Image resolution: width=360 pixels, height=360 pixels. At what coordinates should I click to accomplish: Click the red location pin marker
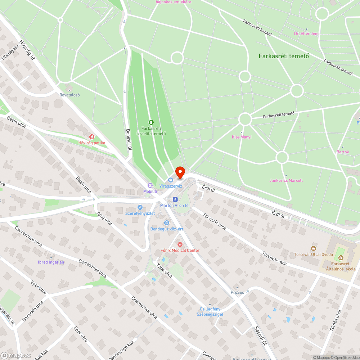[180, 172]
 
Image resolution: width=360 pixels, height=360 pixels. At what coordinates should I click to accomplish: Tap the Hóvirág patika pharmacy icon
[92, 137]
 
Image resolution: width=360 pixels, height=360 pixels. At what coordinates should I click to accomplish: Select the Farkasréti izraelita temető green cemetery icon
[150, 122]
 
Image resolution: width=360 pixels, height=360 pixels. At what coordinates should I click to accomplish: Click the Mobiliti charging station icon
[150, 185]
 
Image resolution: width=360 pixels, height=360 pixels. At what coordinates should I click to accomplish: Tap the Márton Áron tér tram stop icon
[175, 199]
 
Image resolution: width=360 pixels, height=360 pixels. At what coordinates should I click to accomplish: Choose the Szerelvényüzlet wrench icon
[140, 207]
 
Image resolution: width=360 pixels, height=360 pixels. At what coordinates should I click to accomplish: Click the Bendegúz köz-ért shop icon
[166, 223]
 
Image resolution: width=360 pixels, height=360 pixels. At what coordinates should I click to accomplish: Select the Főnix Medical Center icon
[180, 244]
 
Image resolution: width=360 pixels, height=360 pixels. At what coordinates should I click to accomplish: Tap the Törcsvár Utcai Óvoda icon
[314, 248]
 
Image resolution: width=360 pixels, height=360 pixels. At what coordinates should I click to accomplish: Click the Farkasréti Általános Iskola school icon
[341, 258]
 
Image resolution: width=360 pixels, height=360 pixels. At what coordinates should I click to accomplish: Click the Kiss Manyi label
[242, 137]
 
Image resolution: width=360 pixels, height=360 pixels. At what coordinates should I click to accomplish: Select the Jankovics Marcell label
[286, 180]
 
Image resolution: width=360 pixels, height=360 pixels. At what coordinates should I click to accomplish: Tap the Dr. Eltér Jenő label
[307, 33]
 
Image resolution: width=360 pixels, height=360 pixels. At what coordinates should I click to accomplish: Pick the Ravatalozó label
[69, 95]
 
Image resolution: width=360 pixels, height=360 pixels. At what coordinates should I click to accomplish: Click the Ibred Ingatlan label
[51, 262]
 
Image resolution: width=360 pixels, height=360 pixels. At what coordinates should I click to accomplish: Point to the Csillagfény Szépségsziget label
[210, 311]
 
